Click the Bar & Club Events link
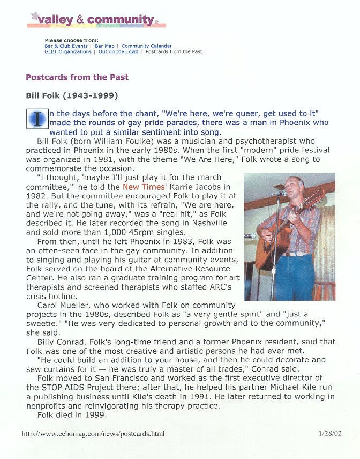[x=66, y=46]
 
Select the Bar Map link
[x=104, y=46]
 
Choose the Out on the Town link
[x=118, y=52]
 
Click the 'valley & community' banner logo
[x=96, y=20]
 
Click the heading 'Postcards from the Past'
[x=77, y=77]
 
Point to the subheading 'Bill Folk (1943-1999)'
[x=72, y=96]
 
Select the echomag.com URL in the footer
[x=93, y=434]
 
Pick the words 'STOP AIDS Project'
[x=74, y=387]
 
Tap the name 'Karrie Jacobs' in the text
[x=191, y=187]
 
